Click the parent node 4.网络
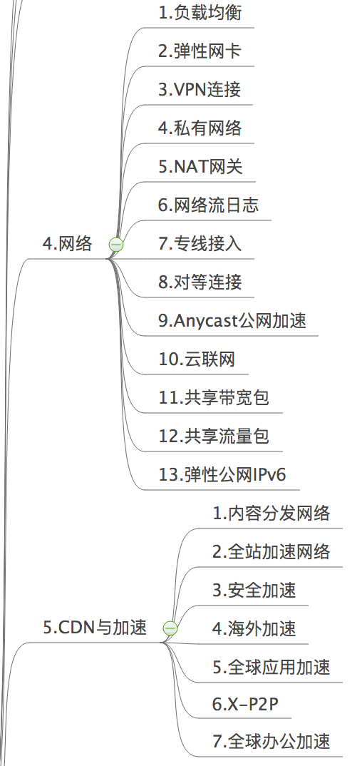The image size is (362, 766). [67, 243]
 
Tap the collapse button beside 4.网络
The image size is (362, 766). [116, 244]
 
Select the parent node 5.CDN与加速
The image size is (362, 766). [95, 627]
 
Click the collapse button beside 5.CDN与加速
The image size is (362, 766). [170, 628]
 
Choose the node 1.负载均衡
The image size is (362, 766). [200, 12]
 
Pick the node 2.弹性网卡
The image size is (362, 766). [200, 51]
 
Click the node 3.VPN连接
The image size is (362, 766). [200, 89]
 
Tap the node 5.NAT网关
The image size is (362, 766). [200, 167]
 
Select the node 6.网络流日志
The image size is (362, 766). [208, 205]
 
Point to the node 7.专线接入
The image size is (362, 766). [200, 243]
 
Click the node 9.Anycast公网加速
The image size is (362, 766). [232, 320]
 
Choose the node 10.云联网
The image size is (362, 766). [197, 359]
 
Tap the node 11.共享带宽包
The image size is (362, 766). [214, 398]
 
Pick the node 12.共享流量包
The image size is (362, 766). [214, 436]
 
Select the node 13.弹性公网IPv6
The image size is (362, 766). [222, 474]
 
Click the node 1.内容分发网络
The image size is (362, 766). [271, 513]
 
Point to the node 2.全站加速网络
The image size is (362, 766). [271, 551]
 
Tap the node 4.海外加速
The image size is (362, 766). [254, 628]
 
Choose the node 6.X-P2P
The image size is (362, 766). [245, 704]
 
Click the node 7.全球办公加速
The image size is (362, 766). [271, 741]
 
